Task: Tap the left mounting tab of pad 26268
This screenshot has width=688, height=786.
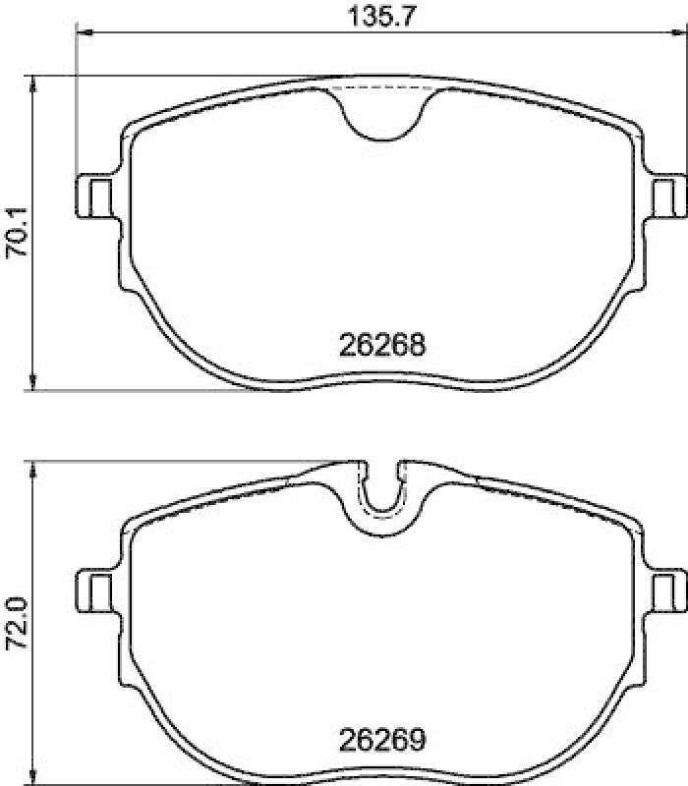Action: pyautogui.click(x=95, y=195)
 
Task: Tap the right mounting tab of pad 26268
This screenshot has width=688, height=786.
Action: pyautogui.click(x=669, y=195)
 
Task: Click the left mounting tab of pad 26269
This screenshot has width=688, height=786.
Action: pyautogui.click(x=95, y=591)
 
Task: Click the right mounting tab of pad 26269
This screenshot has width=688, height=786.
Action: pyautogui.click(x=669, y=591)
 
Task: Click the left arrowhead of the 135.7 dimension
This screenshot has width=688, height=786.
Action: pyautogui.click(x=83, y=36)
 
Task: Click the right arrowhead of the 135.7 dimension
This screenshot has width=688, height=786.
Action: pyautogui.click(x=680, y=36)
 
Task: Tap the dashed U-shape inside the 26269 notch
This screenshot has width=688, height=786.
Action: pyautogui.click(x=383, y=506)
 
